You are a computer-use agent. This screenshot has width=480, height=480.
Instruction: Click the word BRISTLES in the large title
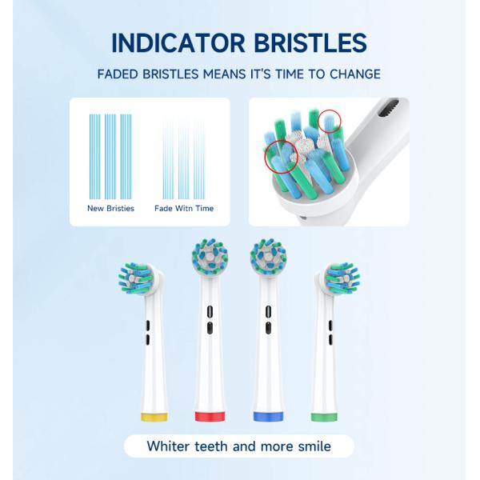pos(309,42)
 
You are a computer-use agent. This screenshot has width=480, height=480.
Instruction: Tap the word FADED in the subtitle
pos(120,74)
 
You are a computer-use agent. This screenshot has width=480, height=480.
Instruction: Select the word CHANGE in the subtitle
pos(353,74)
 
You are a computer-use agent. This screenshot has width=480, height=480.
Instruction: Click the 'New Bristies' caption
pos(110,209)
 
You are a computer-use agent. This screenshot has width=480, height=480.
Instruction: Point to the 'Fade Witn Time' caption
pos(184,209)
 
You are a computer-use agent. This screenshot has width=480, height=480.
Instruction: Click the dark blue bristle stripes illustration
pos(110,156)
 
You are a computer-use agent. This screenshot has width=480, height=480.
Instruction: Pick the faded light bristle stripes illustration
pos(184,156)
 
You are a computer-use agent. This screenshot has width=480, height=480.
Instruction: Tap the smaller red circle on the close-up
pos(330,122)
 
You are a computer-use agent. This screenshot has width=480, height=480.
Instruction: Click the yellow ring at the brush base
pos(154,417)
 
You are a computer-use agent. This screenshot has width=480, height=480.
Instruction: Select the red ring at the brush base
pos(210,417)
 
